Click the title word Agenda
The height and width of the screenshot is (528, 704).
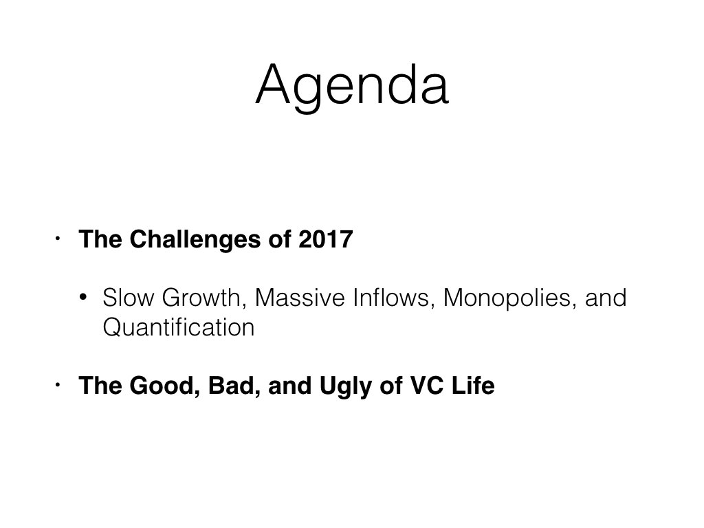(352, 86)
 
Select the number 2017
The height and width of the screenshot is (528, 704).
(325, 239)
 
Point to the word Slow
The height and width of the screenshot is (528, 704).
(128, 298)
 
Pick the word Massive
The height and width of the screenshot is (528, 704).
(300, 298)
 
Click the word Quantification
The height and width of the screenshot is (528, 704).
(179, 327)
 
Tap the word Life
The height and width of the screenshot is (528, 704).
(473, 386)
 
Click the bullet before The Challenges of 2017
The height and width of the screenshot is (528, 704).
(58, 239)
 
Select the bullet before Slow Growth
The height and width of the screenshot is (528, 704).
(82, 297)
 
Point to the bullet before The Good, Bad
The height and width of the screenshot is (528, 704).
(58, 385)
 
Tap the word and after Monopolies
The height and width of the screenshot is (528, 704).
(606, 298)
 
